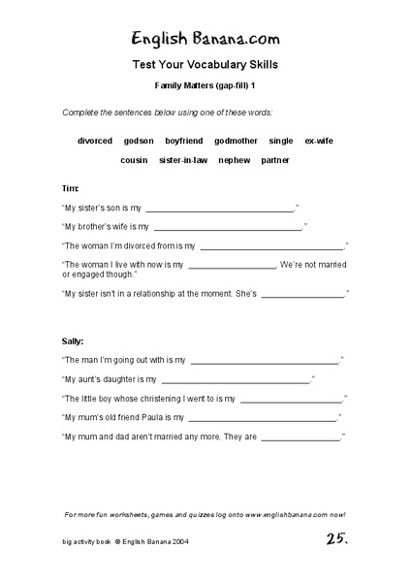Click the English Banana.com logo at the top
(x=205, y=39)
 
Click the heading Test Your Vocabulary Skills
(x=205, y=66)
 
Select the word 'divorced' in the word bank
(x=95, y=141)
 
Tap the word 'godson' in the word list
(x=139, y=141)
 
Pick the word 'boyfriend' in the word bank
(x=184, y=141)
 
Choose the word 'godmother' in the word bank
(x=236, y=141)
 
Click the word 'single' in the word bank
(x=281, y=141)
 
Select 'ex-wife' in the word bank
(x=319, y=141)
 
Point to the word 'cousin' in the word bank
(x=135, y=159)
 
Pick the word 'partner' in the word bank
(x=275, y=159)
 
